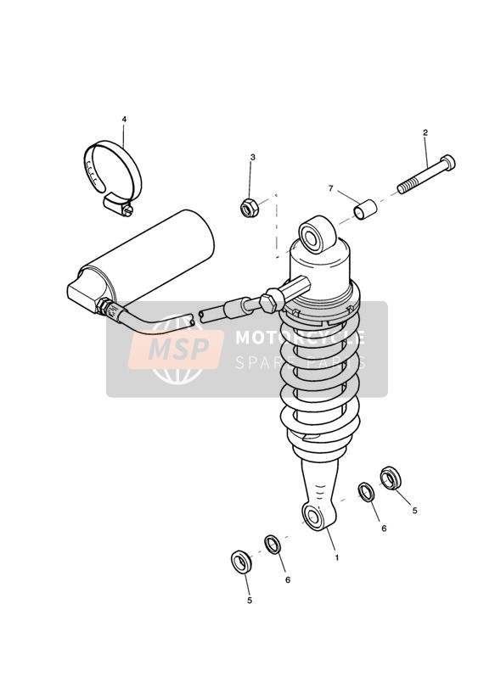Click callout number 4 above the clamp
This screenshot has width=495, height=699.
tap(124, 120)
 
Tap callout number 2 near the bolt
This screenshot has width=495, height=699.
tap(425, 132)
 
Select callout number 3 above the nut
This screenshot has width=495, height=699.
tap(253, 157)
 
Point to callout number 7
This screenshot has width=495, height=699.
tap(331, 188)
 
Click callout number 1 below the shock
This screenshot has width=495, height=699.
tap(336, 557)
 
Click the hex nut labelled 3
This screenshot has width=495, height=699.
tap(250, 208)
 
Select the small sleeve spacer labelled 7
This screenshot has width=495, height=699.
tap(366, 210)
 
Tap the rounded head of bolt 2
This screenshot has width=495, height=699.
tap(447, 162)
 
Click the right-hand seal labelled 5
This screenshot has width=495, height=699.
tap(391, 478)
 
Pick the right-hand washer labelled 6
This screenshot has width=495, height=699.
tap(367, 492)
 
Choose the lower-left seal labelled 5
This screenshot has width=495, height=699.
tap(241, 562)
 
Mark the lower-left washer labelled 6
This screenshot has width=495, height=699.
tap(273, 544)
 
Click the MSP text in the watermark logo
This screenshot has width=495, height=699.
tap(178, 348)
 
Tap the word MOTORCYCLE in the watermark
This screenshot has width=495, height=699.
tap(300, 338)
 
